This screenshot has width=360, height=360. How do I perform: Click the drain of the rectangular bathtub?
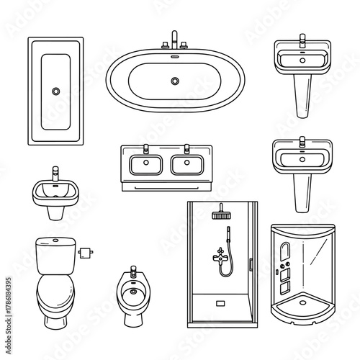tap(55, 91)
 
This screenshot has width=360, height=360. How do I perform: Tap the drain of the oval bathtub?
tap(174, 81)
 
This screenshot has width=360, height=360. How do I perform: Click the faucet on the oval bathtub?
tap(174, 40)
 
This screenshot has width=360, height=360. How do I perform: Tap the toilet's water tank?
tap(53, 256)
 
